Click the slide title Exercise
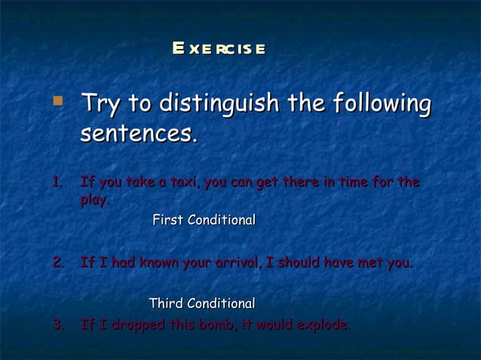tap(218, 50)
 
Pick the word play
tap(94, 200)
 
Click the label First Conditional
tap(204, 221)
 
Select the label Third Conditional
tap(201, 304)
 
